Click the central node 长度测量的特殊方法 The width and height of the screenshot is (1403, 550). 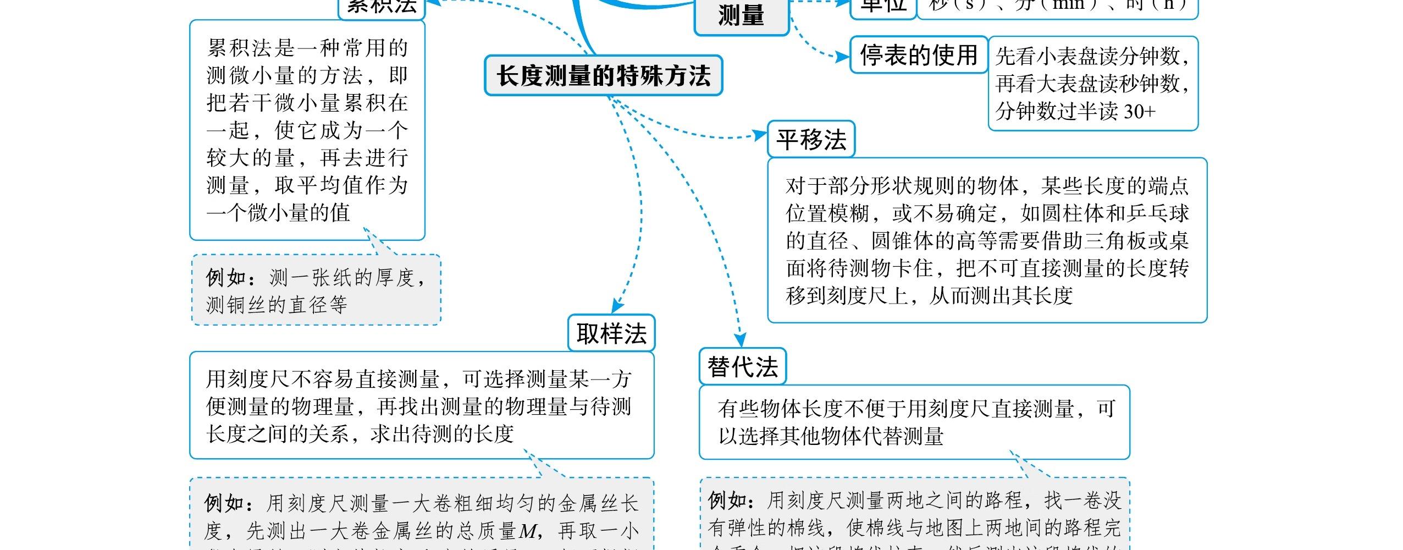point(603,75)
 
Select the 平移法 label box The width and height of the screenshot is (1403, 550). point(811,140)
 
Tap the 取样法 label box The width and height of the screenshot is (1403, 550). point(611,333)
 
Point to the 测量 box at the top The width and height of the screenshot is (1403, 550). point(741,15)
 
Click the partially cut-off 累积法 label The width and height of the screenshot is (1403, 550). point(382,7)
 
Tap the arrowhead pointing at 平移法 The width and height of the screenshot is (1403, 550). point(761,135)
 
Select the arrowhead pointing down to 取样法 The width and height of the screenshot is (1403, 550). point(617,306)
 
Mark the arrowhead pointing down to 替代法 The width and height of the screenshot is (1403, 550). point(741,340)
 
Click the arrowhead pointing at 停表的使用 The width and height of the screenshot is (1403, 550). point(842,56)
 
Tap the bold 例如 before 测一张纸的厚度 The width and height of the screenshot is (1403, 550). point(225,278)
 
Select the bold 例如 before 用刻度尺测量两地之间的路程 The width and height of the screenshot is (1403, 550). point(727,501)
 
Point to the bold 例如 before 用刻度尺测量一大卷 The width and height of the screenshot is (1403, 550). point(224,503)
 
